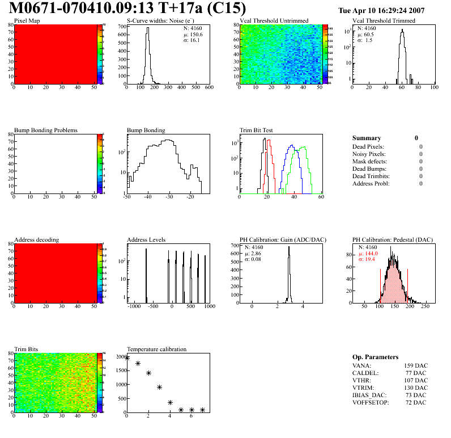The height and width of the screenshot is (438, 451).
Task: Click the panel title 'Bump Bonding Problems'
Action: tap(46, 130)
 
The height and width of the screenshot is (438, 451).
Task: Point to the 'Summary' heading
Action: tap(367, 138)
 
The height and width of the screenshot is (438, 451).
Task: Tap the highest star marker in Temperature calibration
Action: tap(127, 357)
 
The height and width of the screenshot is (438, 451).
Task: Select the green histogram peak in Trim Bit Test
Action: tap(304, 148)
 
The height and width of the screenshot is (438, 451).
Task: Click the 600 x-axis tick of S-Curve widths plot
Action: tap(209, 88)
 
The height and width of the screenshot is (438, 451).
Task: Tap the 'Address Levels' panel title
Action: tap(146, 240)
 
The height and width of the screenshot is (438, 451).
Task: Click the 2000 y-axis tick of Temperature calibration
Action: tap(121, 356)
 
